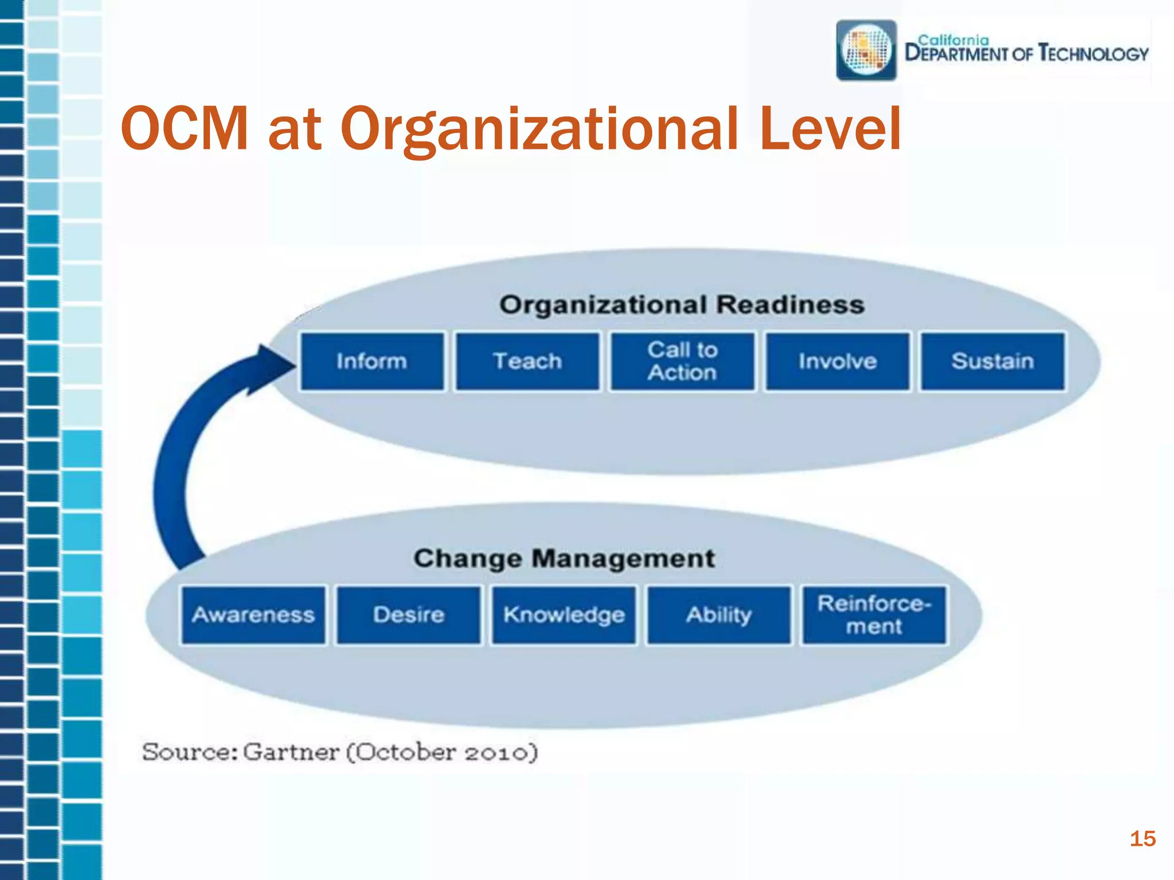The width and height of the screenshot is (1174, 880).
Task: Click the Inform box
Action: point(371,362)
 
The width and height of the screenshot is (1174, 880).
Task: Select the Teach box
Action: point(527,362)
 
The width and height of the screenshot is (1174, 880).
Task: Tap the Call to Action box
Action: point(682,362)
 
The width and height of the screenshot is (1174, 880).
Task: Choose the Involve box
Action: point(838,362)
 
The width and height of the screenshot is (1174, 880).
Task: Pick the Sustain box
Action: point(993,362)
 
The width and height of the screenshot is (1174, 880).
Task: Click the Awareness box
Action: point(253,615)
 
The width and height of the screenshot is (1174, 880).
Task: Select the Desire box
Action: point(409,615)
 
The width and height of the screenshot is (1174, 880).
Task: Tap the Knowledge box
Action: point(564,615)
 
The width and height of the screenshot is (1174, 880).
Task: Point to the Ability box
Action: point(719,615)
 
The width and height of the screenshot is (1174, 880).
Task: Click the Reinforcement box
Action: point(874,615)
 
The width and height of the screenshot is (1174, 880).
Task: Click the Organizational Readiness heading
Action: point(682,305)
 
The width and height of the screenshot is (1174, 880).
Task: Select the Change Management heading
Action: point(564,559)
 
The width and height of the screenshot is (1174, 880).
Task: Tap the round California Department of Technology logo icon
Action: point(866,50)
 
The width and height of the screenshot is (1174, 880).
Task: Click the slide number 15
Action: point(1142,839)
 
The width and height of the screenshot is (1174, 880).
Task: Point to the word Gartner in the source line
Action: point(291,752)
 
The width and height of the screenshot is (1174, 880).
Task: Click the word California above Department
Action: point(953,40)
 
